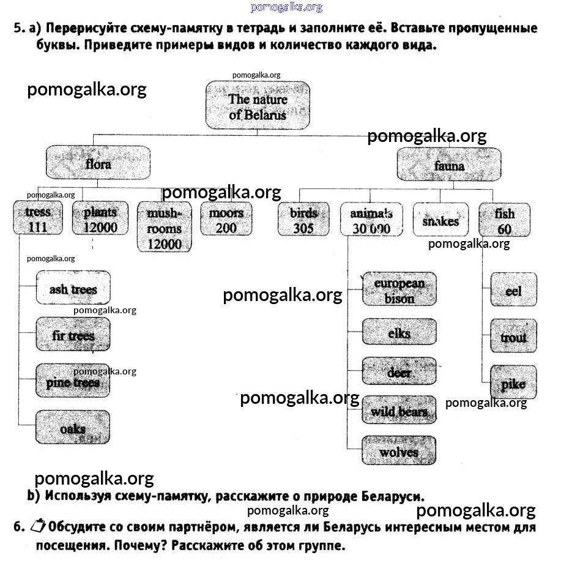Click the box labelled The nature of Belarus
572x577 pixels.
pyautogui.click(x=258, y=106)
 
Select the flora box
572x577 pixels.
pyautogui.click(x=98, y=163)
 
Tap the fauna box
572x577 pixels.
pyautogui.click(x=449, y=165)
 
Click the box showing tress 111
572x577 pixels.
pyautogui.click(x=38, y=219)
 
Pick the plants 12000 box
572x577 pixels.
pyautogui.click(x=100, y=219)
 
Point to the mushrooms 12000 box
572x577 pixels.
pyautogui.click(x=164, y=228)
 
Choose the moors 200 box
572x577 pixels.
pyautogui.click(x=226, y=219)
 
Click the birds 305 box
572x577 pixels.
pyautogui.click(x=303, y=220)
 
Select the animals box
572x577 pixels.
pyautogui.click(x=371, y=220)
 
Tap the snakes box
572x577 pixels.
pyautogui.click(x=440, y=220)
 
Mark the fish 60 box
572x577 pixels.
pyautogui.click(x=504, y=220)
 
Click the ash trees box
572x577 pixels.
pyautogui.click(x=73, y=288)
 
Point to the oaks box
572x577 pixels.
pyautogui.click(x=73, y=428)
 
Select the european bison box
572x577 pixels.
pyautogui.click(x=399, y=290)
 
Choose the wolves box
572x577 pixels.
pyautogui.click(x=399, y=452)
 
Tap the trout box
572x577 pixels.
pyautogui.click(x=513, y=337)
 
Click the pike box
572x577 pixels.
pyautogui.click(x=513, y=383)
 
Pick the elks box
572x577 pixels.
pyautogui.click(x=399, y=333)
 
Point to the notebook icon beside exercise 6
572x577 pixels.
pyautogui.click(x=37, y=525)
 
